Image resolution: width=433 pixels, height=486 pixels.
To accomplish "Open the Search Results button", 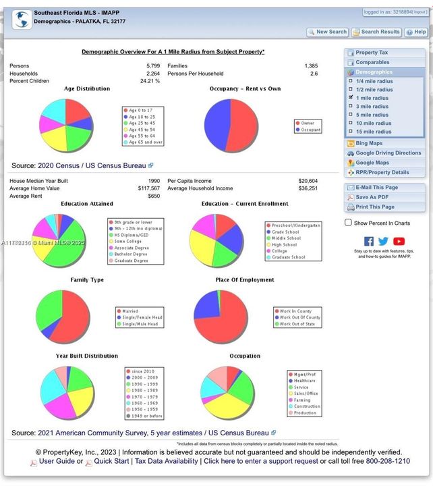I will pos(376,32).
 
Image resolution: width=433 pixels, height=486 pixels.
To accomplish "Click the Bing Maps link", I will pos(368,143).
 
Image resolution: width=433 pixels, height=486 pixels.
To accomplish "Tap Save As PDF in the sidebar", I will pos(371,197).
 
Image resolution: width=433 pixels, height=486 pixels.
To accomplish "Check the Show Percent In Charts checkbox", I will pos(348,223).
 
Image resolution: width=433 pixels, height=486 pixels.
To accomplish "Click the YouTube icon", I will pos(399,241).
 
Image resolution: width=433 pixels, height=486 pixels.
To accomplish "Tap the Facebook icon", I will pos(369,241).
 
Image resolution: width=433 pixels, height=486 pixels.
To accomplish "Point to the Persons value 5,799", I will pos(152,66).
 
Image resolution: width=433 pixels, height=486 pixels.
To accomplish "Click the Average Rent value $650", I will pos(154,196).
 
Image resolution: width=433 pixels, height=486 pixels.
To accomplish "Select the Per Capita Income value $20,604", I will pos(308,181).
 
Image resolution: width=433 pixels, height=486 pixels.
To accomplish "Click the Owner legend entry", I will pos(307,124).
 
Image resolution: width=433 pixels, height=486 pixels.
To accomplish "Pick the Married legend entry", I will pos(130,312).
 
